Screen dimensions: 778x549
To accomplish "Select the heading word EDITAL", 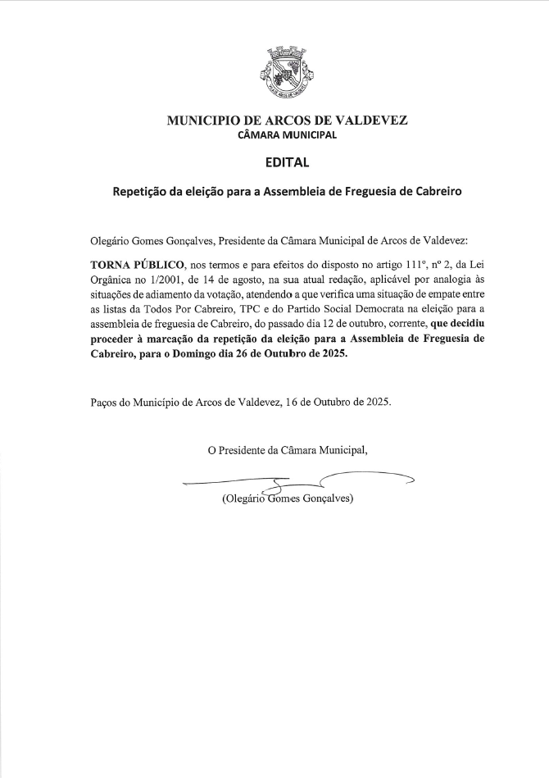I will click(287, 162).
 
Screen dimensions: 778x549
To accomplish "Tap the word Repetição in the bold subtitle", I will click(140, 192).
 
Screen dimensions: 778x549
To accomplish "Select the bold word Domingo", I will click(203, 354).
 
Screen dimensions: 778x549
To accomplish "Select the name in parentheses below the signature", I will click(287, 498).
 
